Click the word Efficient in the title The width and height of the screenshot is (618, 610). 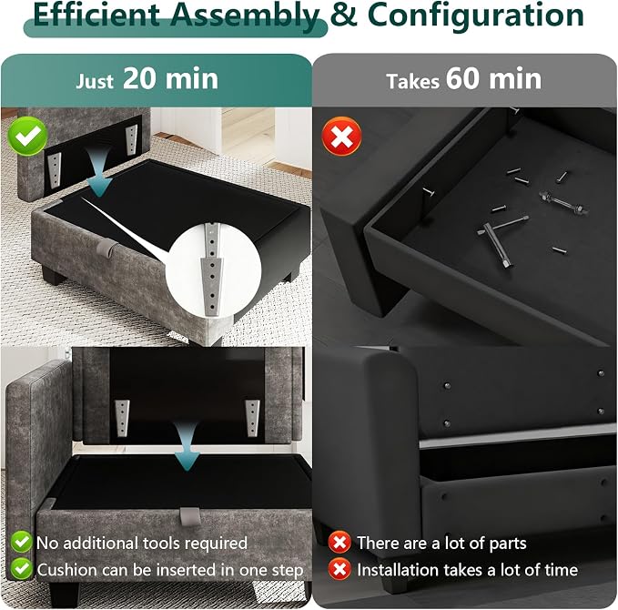click(x=96, y=15)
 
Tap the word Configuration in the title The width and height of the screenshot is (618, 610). click(x=476, y=15)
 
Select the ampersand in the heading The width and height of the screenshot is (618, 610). click(x=344, y=15)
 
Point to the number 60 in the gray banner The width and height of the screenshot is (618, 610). click(x=462, y=79)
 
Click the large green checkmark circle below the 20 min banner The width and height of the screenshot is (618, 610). click(x=27, y=136)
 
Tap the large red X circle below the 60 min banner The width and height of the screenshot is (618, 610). click(x=341, y=137)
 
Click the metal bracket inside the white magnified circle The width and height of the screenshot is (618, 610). click(x=212, y=269)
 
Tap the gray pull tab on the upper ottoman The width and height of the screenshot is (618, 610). click(x=105, y=248)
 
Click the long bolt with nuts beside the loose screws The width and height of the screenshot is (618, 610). click(x=563, y=203)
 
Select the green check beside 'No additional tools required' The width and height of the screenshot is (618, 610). click(x=22, y=542)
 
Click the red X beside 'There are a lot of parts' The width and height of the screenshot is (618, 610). click(x=339, y=543)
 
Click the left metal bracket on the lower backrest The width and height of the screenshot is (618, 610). click(x=123, y=418)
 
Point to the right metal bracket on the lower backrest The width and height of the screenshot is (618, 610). click(x=252, y=418)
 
